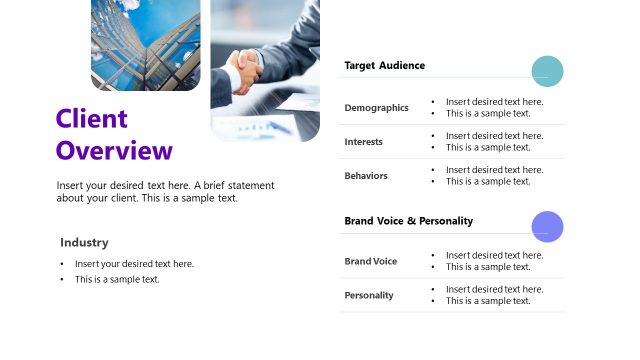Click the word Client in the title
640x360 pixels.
(92, 119)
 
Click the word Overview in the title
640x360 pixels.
(114, 151)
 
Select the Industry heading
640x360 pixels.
(84, 242)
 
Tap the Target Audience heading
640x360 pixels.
(384, 65)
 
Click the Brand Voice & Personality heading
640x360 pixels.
(408, 220)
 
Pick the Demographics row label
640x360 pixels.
(376, 108)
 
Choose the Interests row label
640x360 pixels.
(363, 142)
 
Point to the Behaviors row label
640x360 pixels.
(366, 176)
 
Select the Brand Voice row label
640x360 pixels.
(370, 261)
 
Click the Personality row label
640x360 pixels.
(369, 295)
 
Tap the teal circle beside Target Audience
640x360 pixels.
(547, 71)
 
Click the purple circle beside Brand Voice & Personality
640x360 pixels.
(547, 227)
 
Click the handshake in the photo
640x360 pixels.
(245, 70)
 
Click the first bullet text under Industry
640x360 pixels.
(134, 264)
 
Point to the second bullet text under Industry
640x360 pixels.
(117, 280)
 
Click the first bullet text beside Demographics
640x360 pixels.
(494, 102)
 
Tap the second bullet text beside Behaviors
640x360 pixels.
(488, 182)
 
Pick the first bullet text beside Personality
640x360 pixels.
(494, 289)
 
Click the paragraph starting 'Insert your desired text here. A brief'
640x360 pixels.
(165, 192)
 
